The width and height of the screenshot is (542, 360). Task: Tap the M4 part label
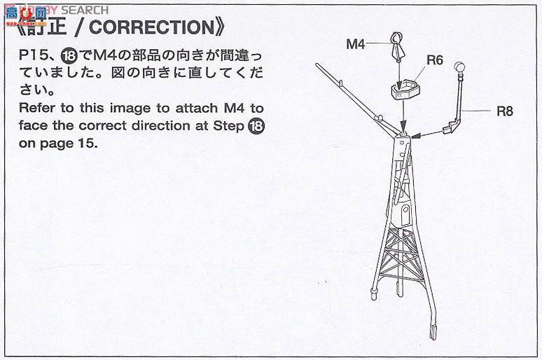click(x=356, y=44)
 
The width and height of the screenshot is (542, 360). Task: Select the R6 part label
click(x=435, y=60)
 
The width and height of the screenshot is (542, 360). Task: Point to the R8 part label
click(x=506, y=110)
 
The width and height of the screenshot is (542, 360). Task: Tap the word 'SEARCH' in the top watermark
click(x=85, y=9)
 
